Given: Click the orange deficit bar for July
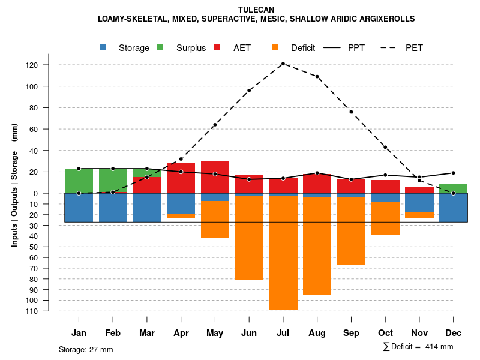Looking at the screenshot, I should coord(283,252).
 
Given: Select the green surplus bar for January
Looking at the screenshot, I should coord(79,181).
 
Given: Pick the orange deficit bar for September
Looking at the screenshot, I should coord(351,231).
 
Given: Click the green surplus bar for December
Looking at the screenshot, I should coord(454,188).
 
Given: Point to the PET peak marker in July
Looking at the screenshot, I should coord(283,64).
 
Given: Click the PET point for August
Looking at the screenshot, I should coord(317,77).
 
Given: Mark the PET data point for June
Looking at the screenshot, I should coord(249,91).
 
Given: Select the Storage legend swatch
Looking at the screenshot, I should coord(104,48).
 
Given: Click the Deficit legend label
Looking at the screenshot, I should coord(303,48).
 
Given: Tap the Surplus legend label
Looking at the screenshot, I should coord(191,48).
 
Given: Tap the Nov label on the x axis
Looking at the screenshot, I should coord(419,333).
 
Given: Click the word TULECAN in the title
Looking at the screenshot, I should coord(256,10).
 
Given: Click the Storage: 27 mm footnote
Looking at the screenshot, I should coord(86,349).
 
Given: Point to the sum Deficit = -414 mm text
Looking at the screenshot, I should coord(418,347).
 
